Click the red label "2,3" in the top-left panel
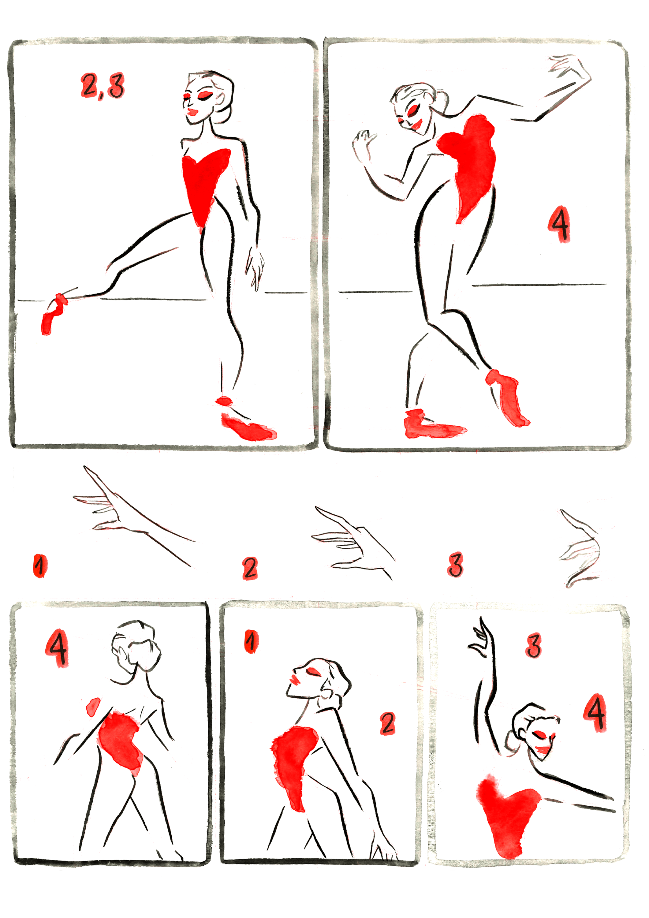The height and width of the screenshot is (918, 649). pyautogui.click(x=103, y=86)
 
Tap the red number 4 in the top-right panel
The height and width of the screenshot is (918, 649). pyautogui.click(x=559, y=224)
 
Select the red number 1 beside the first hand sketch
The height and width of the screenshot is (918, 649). pyautogui.click(x=39, y=566)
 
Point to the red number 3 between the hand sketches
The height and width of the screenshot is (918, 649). pyautogui.click(x=455, y=564)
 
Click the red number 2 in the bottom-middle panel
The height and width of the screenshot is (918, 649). pyautogui.click(x=387, y=723)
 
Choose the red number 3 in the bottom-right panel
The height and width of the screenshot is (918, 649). pyautogui.click(x=533, y=645)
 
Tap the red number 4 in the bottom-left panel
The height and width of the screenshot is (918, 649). pyautogui.click(x=57, y=648)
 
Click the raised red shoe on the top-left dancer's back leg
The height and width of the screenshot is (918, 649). pyautogui.click(x=53, y=314)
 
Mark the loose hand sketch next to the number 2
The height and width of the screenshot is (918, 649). pyautogui.click(x=352, y=543)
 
